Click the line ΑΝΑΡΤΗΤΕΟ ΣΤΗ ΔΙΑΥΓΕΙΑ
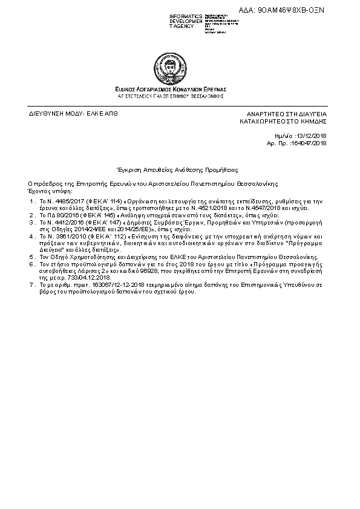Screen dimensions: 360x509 tap(286, 114)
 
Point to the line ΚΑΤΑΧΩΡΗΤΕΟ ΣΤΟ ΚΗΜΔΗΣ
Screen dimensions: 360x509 tap(283, 121)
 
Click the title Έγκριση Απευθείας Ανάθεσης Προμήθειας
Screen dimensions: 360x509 tap(178, 171)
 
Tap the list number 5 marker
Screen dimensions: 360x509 tap(31, 258)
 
